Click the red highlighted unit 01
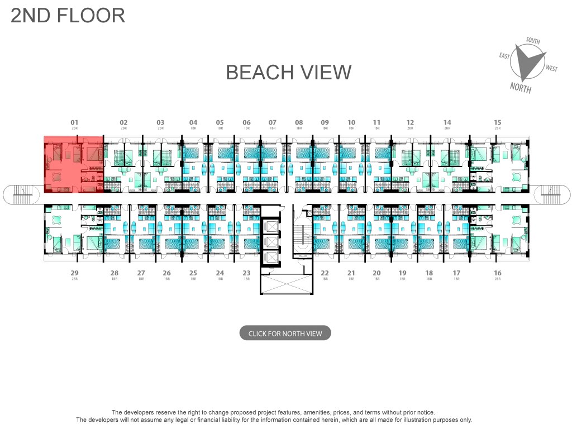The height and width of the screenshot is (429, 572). (x=74, y=164)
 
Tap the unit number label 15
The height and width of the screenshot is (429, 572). (x=497, y=122)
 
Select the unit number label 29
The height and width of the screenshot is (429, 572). (x=74, y=273)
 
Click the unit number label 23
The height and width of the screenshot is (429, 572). (x=246, y=273)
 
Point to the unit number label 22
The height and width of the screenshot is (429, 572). (x=325, y=273)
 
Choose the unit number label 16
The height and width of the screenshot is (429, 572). (x=497, y=273)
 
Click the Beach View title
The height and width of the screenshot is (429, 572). (x=288, y=72)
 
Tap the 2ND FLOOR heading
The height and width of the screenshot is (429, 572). (x=68, y=15)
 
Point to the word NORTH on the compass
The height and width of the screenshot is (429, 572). (x=521, y=87)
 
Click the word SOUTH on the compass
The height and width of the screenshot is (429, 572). (x=533, y=41)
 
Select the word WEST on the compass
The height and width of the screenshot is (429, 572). (x=551, y=68)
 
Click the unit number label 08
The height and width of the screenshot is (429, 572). (x=299, y=122)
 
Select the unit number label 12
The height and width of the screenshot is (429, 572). (x=410, y=122)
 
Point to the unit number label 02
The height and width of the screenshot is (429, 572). (x=123, y=122)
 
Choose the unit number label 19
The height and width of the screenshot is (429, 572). (x=402, y=273)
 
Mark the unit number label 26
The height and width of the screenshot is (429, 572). (x=166, y=273)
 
